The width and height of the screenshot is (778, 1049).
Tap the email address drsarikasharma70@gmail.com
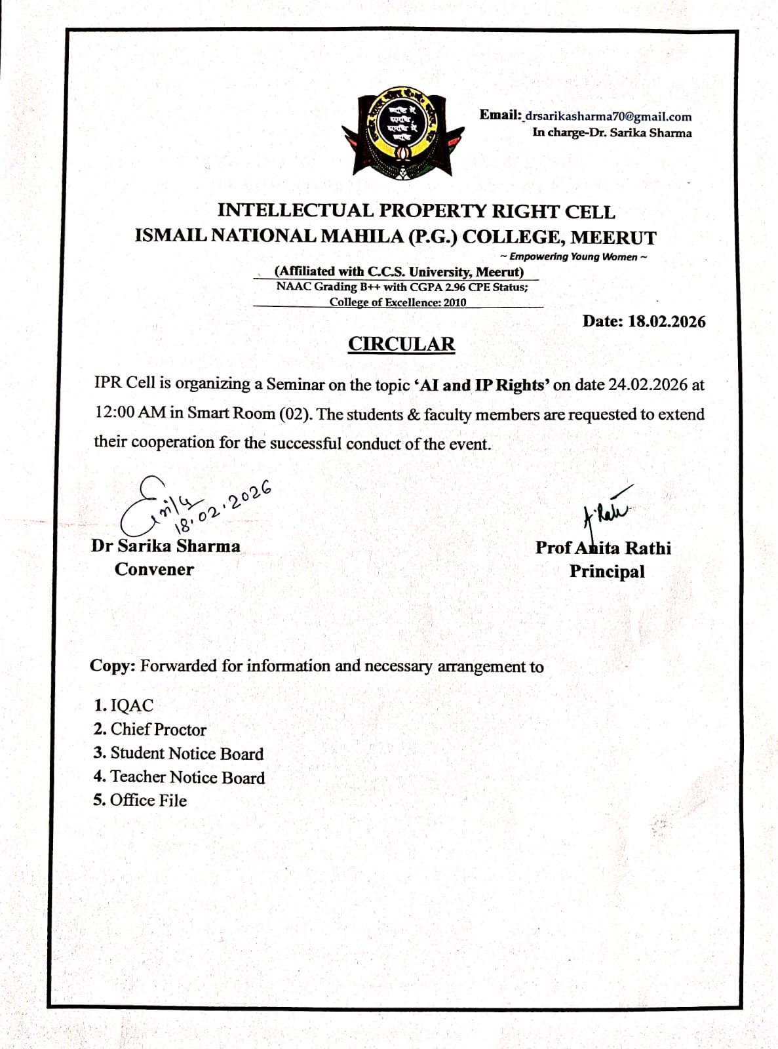[x=608, y=117]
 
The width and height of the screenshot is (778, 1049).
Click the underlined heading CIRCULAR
[x=401, y=344]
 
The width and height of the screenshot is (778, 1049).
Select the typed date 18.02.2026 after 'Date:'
[x=667, y=321]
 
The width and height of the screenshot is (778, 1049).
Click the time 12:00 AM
[x=130, y=413]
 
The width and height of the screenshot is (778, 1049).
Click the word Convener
[x=154, y=569]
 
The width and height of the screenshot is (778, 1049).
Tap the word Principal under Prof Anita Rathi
[x=607, y=571]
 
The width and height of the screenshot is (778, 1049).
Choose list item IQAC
[x=132, y=705]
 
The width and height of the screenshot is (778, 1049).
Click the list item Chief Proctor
[x=158, y=730]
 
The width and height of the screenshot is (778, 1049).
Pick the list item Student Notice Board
[x=187, y=753]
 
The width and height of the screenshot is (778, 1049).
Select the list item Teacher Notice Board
[x=187, y=777]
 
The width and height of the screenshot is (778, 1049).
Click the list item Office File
[x=148, y=801]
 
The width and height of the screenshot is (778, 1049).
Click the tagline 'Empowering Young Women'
[x=574, y=257]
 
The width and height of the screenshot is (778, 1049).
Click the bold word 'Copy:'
[x=113, y=665]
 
